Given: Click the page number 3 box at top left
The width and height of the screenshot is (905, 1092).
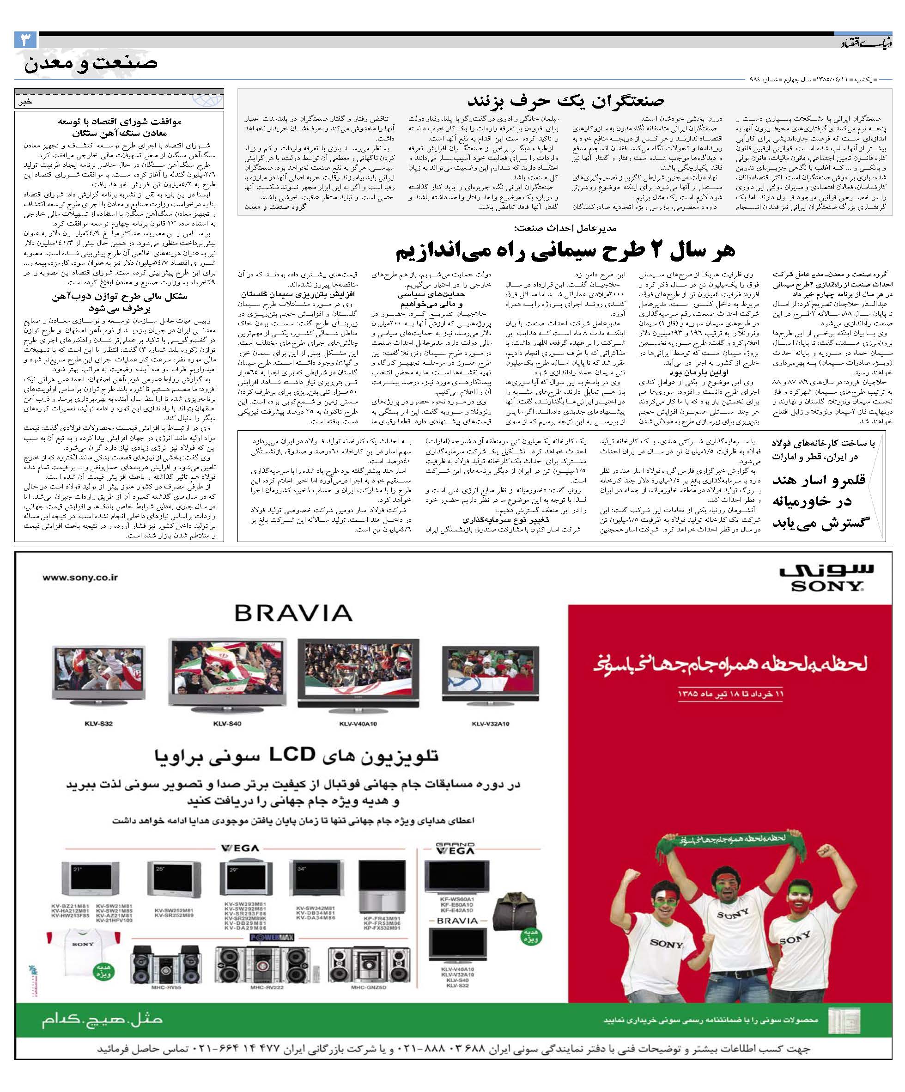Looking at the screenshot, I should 25,40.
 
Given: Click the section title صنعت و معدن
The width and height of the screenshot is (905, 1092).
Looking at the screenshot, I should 91,63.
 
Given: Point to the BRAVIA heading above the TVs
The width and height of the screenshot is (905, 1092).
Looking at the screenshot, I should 293,613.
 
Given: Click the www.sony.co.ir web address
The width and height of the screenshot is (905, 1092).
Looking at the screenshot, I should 80,577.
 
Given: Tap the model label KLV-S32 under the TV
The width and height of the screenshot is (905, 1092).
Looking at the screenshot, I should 98,723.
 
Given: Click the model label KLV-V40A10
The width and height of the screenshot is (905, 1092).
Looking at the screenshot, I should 358,723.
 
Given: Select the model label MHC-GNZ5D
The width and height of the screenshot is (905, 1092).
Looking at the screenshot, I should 368,988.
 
